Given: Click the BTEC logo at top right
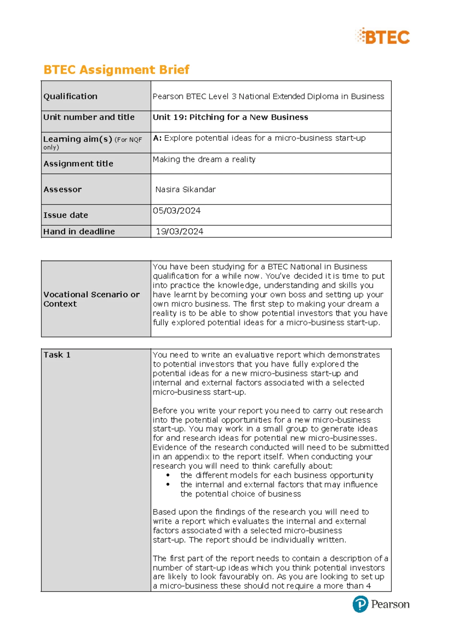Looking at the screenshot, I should click(383, 37).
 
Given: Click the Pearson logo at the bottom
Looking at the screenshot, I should click(381, 604).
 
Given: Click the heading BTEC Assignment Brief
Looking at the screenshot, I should click(116, 70).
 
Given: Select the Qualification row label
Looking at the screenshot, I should click(70, 97).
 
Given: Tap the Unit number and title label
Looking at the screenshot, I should click(89, 117).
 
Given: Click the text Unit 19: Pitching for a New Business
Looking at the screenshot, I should click(230, 117).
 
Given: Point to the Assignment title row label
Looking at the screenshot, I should click(78, 164).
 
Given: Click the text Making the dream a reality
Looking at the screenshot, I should click(204, 160).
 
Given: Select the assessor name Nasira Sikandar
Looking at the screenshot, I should click(185, 189).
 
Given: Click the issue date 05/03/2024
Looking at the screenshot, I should click(176, 211).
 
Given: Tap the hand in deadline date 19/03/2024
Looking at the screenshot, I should click(179, 232).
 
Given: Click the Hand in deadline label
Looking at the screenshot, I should click(79, 232).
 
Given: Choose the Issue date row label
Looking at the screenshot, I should click(66, 215).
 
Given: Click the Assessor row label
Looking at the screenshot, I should click(62, 189).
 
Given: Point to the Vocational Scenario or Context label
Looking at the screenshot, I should click(91, 299).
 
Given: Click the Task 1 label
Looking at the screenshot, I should click(57, 355).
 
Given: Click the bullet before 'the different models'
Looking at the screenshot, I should click(168, 475).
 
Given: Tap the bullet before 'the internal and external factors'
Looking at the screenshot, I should click(168, 485).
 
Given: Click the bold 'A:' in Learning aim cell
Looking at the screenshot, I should click(157, 138).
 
